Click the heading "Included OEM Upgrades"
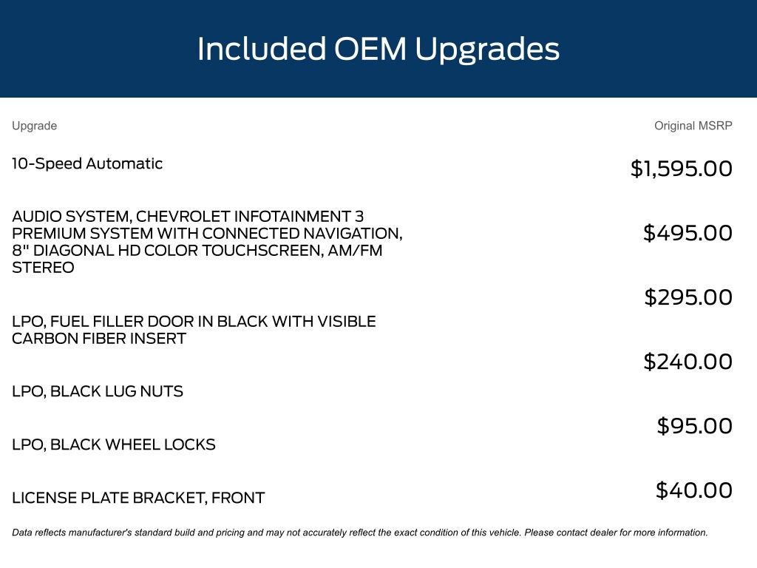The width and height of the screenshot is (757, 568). [x=378, y=50]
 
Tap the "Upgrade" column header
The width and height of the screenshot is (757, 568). [x=34, y=126]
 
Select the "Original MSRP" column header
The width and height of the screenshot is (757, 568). [x=693, y=126]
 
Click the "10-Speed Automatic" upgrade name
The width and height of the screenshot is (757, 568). [x=87, y=163]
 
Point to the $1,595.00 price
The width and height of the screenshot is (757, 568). [x=681, y=169]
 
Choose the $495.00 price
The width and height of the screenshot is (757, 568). [x=688, y=233]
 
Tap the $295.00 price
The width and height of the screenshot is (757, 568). [x=688, y=297]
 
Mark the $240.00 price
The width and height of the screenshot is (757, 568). [x=688, y=362]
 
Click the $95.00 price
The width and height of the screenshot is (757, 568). [x=694, y=426]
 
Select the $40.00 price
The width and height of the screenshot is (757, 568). [x=693, y=490]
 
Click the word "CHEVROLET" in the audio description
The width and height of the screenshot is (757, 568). [x=183, y=217]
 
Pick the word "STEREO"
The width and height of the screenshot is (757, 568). [x=43, y=268]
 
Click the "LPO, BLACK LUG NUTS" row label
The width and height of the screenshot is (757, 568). [x=98, y=391]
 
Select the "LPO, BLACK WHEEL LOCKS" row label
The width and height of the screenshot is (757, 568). [x=114, y=444]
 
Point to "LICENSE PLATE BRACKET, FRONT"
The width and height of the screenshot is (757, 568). [x=138, y=498]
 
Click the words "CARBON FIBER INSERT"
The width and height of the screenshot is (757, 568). [x=99, y=339]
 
